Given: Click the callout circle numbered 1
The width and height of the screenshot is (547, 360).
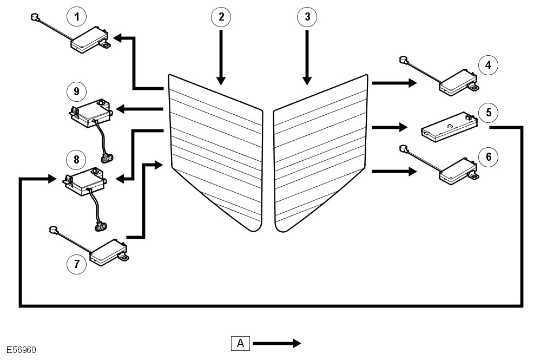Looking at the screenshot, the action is (77, 16).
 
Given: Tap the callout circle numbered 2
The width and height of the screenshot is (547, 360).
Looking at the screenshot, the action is (221, 16).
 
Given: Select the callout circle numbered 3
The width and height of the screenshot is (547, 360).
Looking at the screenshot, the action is (307, 16).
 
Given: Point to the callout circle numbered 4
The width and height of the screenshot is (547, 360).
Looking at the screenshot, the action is (489, 64).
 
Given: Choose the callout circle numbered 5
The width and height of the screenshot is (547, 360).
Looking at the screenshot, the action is (489, 113).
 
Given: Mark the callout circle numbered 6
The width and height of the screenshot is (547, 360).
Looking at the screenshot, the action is (489, 157).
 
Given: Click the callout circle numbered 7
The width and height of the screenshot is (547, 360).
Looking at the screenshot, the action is (77, 264).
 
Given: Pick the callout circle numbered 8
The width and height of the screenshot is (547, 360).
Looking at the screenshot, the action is (76, 160).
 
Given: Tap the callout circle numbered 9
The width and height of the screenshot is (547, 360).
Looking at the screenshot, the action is (76, 91).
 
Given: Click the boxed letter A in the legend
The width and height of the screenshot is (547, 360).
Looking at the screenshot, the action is (240, 343).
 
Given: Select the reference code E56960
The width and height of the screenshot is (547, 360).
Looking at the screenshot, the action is (21, 350).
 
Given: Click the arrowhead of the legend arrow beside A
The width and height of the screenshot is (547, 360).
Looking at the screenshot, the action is (296, 344).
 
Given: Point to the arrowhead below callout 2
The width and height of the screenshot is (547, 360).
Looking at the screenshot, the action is (221, 81).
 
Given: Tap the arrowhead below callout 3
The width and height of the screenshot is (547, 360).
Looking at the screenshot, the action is (307, 81).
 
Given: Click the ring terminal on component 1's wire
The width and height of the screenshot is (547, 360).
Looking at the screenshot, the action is (35, 17).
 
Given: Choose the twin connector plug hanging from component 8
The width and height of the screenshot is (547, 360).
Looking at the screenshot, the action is (101, 227).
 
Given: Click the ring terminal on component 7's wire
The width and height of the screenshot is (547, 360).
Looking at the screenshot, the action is (54, 230).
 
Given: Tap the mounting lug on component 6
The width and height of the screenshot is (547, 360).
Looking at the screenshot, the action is (473, 177).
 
